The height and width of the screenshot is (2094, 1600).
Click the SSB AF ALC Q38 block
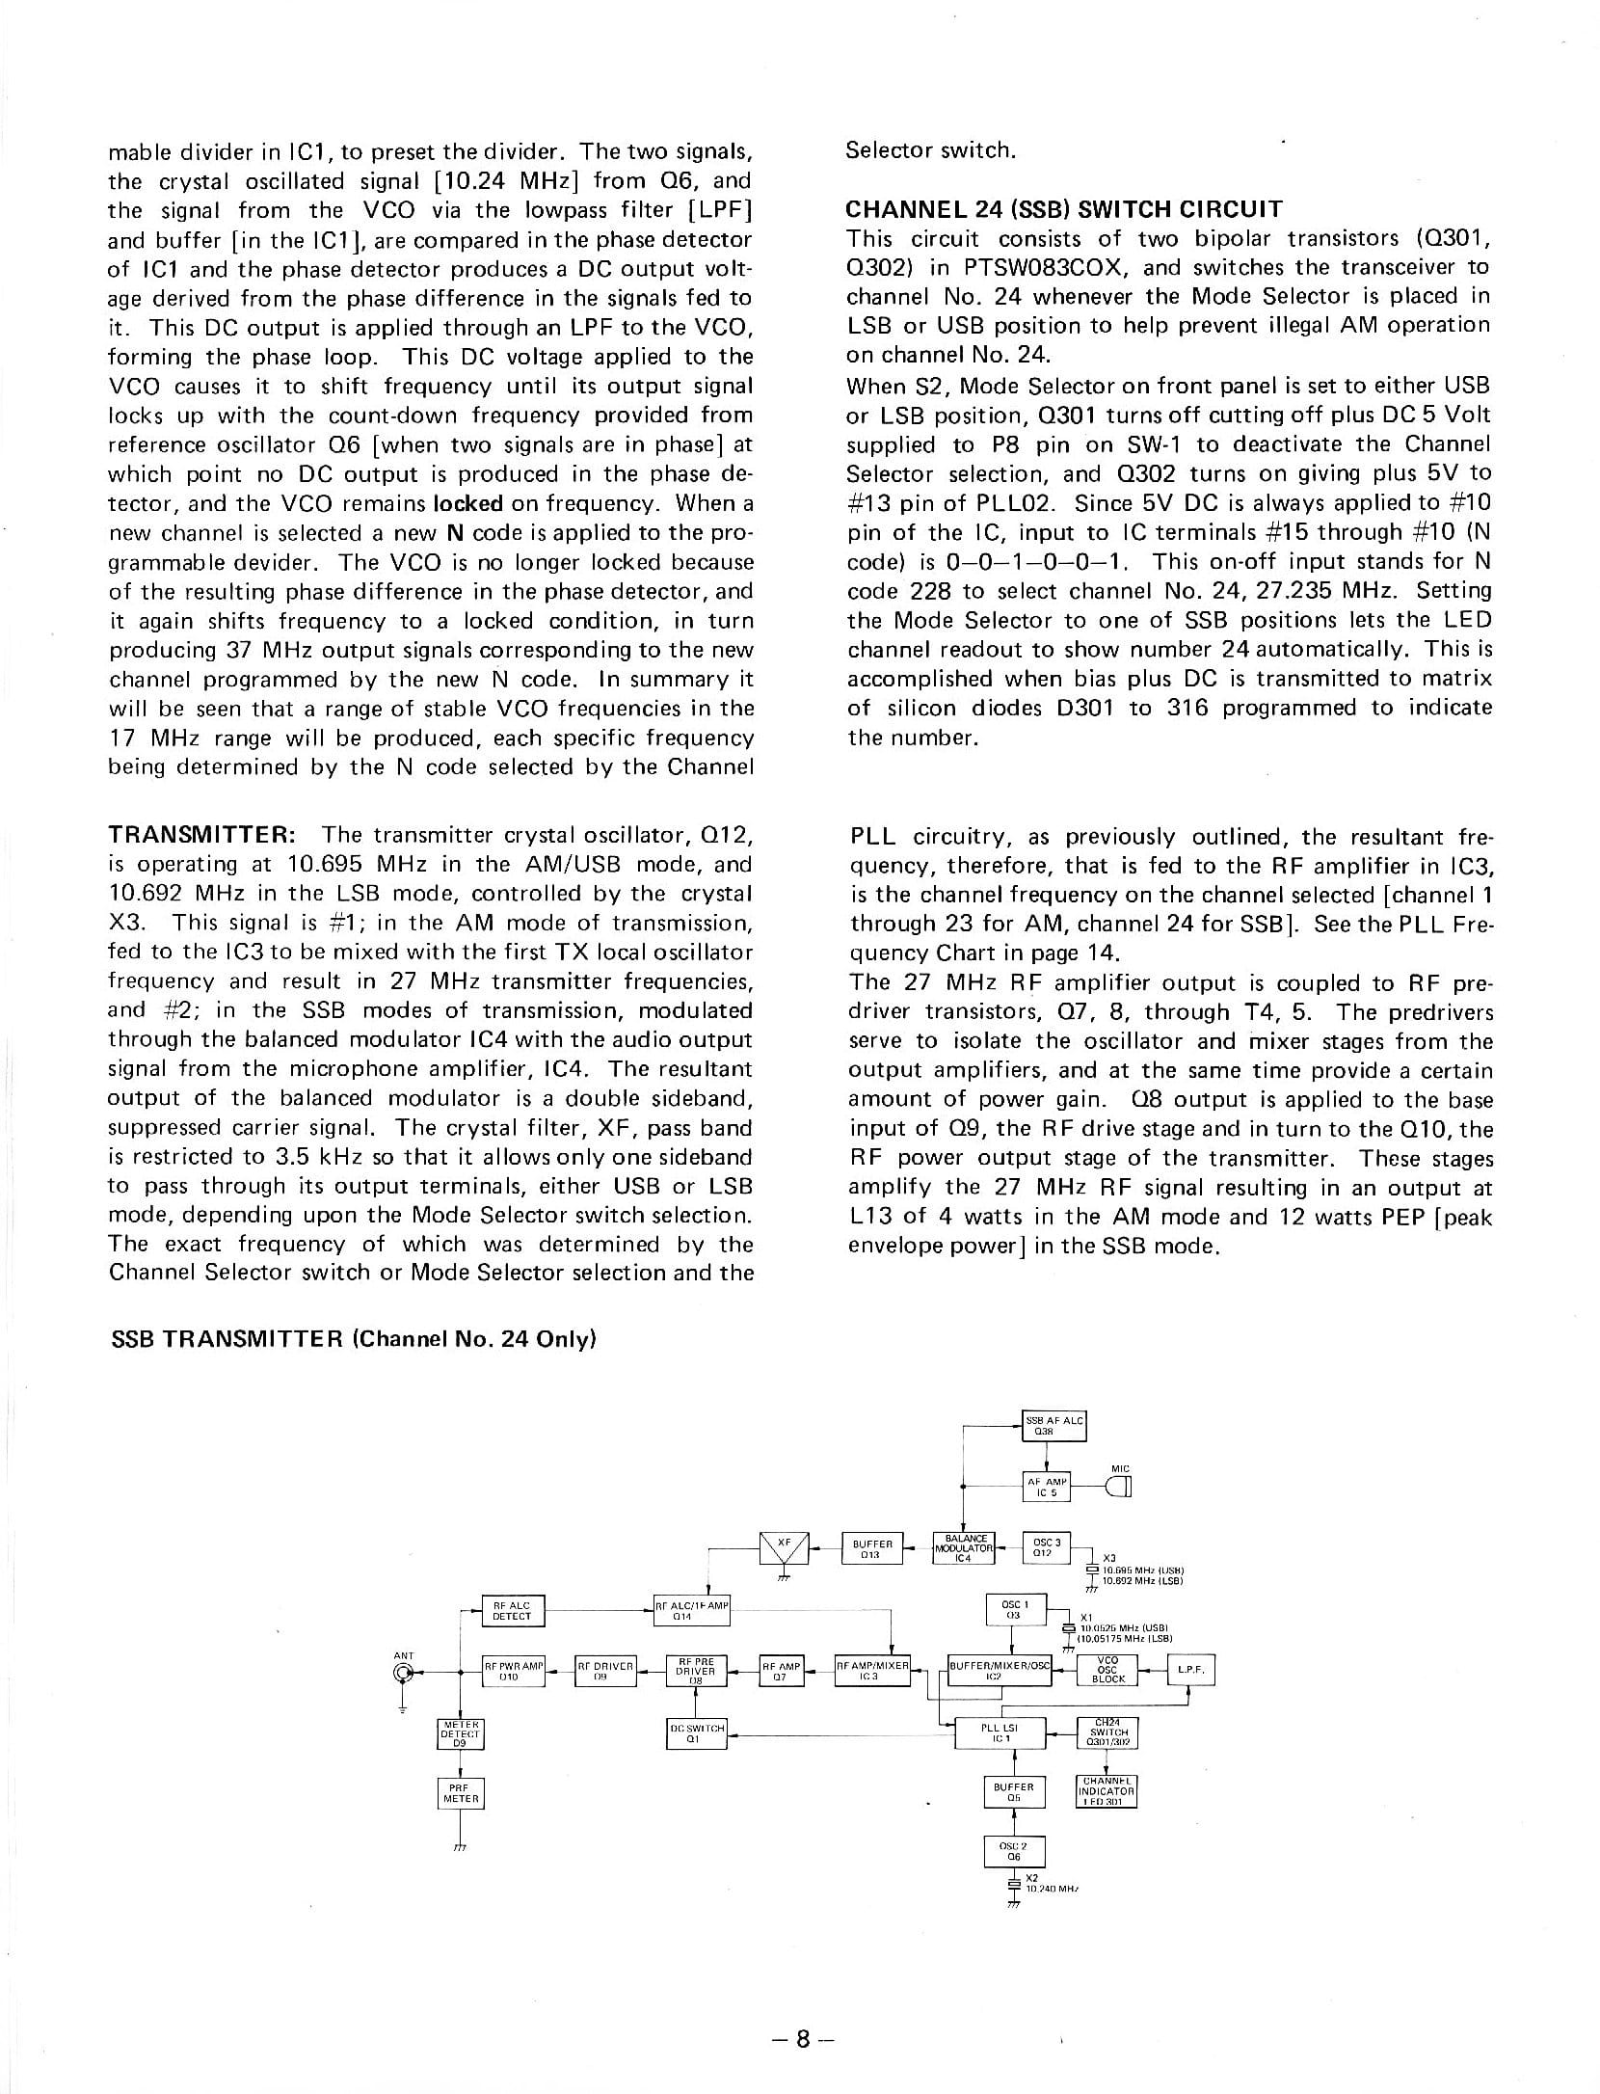point(1053,1425)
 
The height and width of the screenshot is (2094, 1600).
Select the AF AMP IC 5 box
point(1047,1487)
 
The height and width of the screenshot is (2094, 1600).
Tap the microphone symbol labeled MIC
point(1120,1489)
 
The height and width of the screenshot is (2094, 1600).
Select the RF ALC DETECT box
point(512,1611)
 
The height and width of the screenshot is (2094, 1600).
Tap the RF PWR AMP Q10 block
point(514,1672)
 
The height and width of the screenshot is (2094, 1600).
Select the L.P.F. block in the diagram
point(1190,1671)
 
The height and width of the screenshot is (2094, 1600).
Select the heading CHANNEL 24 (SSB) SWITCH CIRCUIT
point(1064,209)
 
